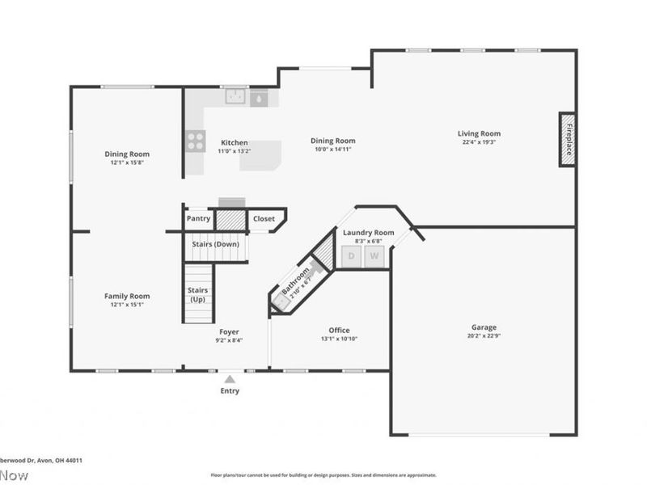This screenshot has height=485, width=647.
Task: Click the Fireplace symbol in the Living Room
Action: coord(569,140)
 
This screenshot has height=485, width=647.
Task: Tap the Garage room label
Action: coord(484,327)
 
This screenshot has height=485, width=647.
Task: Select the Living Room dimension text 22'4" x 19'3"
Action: coord(479,142)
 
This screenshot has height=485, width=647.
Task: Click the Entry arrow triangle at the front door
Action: coord(230,378)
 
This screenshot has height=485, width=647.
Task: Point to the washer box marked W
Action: coord(374,256)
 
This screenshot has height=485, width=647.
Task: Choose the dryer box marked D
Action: coord(351,256)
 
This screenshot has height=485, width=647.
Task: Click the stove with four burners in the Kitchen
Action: coord(196,141)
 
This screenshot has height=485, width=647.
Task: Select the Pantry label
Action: coord(199,218)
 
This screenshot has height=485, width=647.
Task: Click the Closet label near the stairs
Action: coord(264,218)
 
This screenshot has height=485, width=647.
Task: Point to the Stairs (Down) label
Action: coord(215,244)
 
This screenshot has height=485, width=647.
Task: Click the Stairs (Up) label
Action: coord(198,295)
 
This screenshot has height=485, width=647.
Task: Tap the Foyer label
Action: coord(229,331)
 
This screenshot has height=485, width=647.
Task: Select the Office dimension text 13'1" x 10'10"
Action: coord(339,339)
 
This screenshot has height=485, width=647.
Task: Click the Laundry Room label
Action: coord(368,233)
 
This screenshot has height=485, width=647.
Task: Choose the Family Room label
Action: coord(127,296)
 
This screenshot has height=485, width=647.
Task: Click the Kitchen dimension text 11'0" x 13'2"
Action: coord(235,150)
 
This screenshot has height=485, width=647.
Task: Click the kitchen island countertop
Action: coord(260,154)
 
